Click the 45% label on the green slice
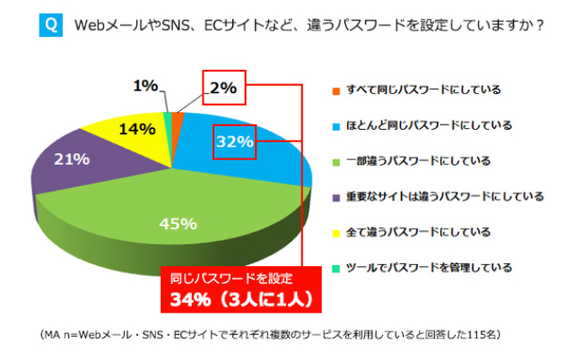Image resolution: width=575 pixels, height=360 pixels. click(177, 224)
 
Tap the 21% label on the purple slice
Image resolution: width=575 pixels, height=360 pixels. click(70, 160)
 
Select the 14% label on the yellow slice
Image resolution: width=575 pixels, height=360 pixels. click(138, 129)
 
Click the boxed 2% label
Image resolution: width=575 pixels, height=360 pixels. click(224, 88)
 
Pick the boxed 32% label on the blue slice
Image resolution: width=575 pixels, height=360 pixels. click(234, 142)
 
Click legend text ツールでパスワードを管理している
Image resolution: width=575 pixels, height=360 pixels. click(430, 268)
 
